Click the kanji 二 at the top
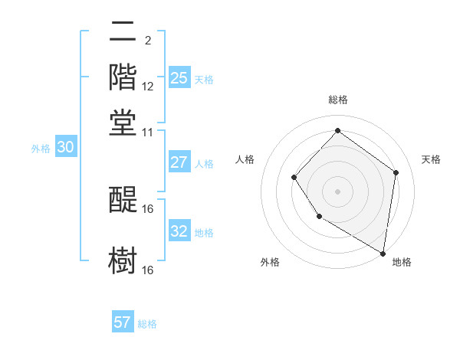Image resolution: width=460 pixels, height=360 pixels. (x=123, y=32)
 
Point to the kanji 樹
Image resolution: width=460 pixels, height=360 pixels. (x=123, y=259)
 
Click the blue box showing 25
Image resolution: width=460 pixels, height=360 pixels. (x=179, y=77)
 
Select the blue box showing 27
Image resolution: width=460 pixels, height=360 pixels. (x=179, y=162)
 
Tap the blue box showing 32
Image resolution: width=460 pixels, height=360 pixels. (x=179, y=231)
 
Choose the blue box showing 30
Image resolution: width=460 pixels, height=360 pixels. (x=65, y=148)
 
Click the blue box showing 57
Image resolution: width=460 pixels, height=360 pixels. (x=123, y=322)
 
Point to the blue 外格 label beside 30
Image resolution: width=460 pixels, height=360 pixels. (x=41, y=149)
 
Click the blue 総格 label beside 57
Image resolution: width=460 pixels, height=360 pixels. (x=147, y=324)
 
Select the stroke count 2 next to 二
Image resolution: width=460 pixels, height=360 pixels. (x=147, y=41)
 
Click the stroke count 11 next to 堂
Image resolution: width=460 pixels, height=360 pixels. (x=148, y=131)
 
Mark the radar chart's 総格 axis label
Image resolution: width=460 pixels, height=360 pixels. (x=337, y=100)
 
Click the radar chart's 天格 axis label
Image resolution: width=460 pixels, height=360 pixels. (x=431, y=159)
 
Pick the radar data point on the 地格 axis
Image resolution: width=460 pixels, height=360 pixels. (x=383, y=253)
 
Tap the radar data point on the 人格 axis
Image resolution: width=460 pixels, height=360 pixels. (x=294, y=178)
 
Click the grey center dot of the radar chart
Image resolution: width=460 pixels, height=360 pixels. (x=337, y=191)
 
